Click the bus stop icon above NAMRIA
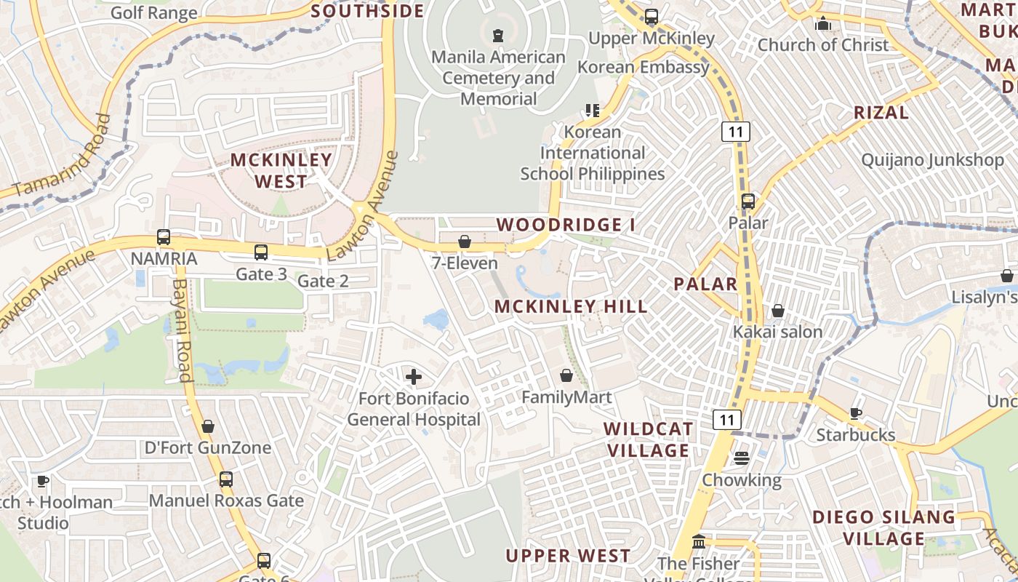pos(164,237)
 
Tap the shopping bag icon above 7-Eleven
pos(464,242)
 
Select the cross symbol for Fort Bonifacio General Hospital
pos(413,377)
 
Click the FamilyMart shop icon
pos(566,375)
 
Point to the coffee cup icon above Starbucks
pos(856,413)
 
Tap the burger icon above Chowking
pos(742,458)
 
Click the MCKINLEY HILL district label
pos(571,306)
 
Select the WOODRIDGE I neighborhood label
pos(566,225)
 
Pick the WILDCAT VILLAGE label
pos(647,439)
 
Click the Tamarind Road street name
pos(63,155)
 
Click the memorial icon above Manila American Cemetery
pos(498,35)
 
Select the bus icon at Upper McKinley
pos(652,16)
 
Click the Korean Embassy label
pos(643,67)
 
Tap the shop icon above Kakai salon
pos(778,311)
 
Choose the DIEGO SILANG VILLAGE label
pos(883,528)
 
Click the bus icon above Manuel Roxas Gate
pos(226,479)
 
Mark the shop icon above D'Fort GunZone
pos(208,426)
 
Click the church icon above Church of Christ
pos(823,23)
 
